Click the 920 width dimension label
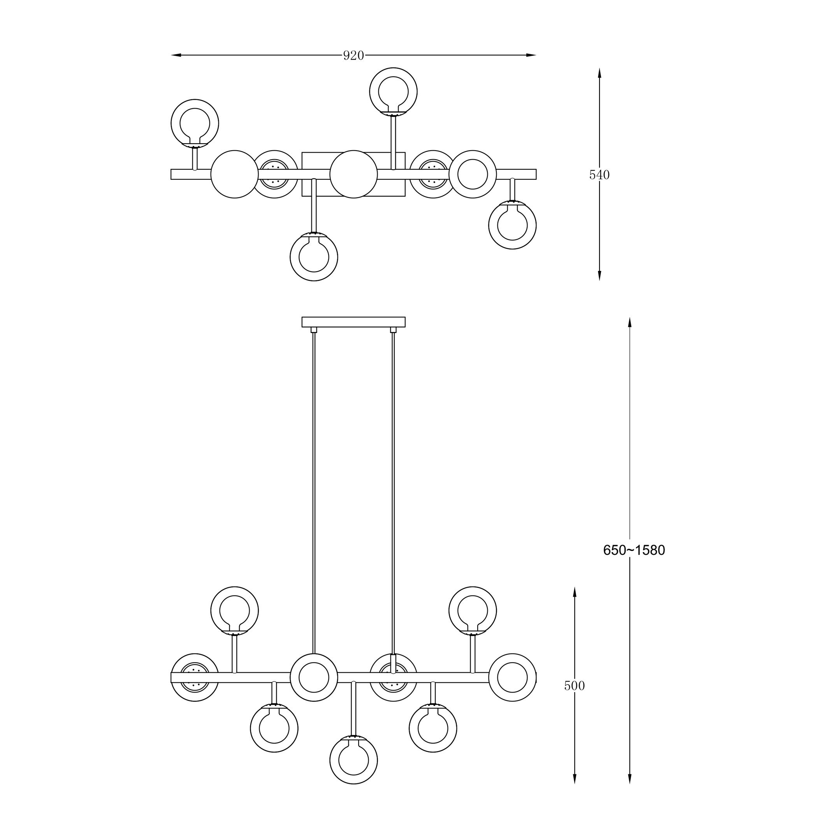pyautogui.click(x=353, y=55)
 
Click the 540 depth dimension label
pyautogui.click(x=599, y=175)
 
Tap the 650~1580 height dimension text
pyautogui.click(x=634, y=550)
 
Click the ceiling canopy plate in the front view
pyautogui.click(x=353, y=322)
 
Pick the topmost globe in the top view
pyautogui.click(x=393, y=91)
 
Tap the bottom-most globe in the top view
pyautogui.click(x=313, y=257)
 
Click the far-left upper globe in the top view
pyautogui.click(x=195, y=123)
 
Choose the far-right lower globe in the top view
pyautogui.click(x=512, y=225)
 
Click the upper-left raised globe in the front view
pyautogui.click(x=234, y=610)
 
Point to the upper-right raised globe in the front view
pyautogui.click(x=473, y=610)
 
